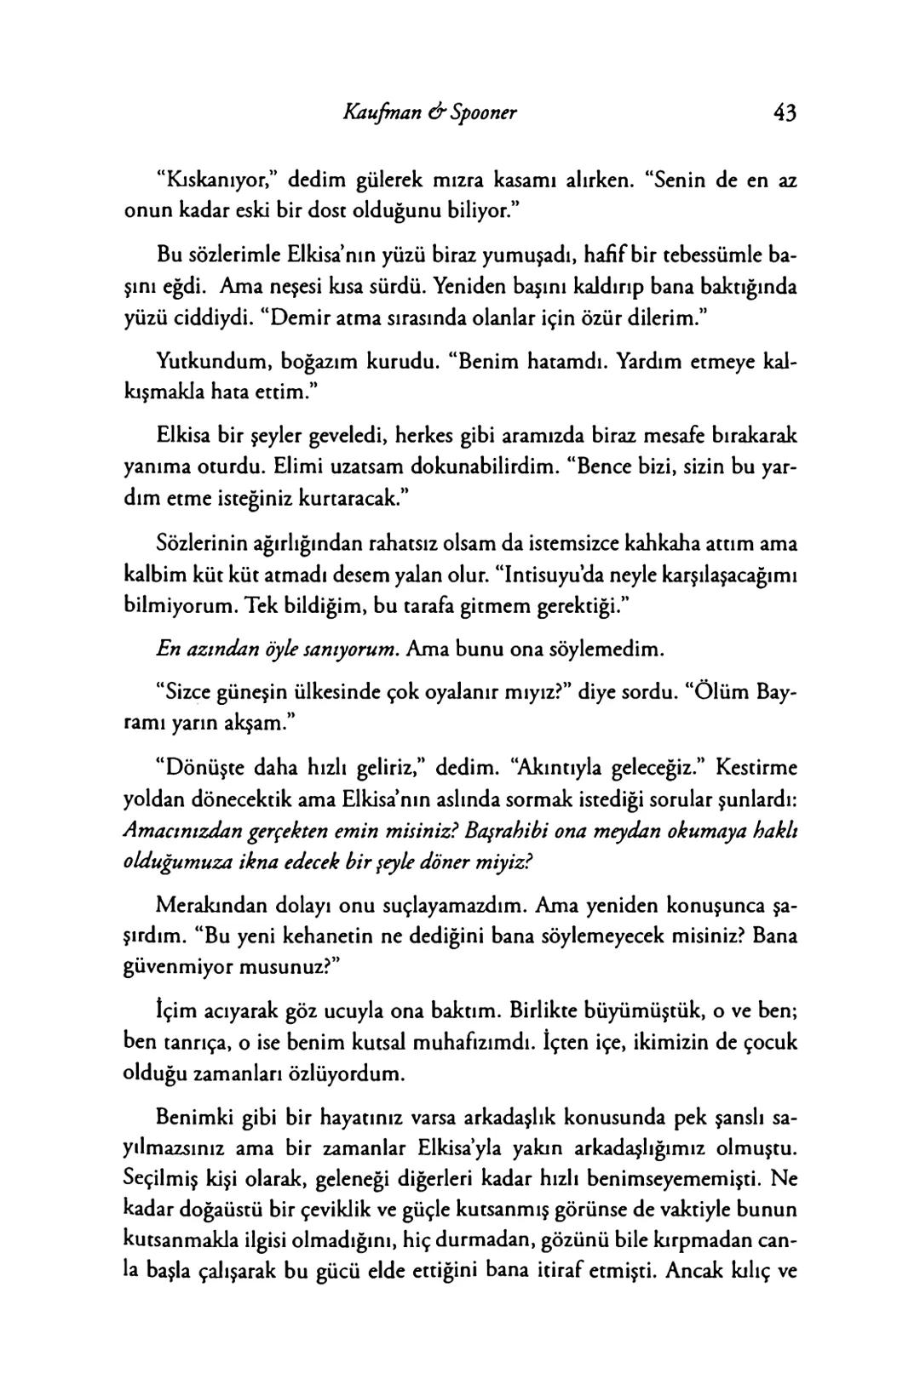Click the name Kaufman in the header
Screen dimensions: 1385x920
(x=382, y=112)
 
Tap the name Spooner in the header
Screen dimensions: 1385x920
(x=476, y=112)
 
